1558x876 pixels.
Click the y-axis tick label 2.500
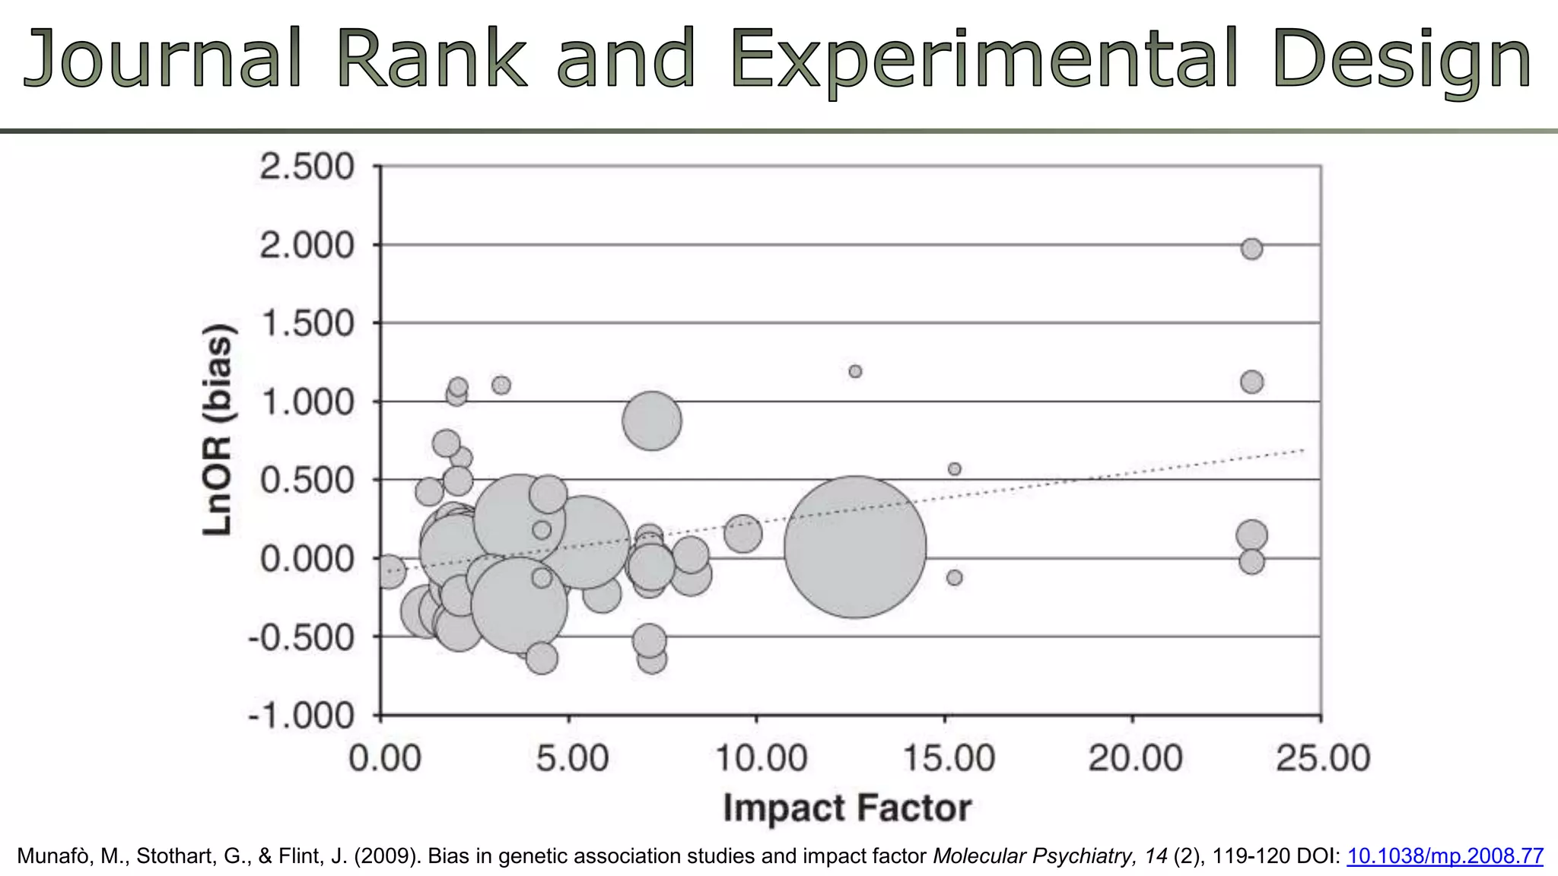coord(307,167)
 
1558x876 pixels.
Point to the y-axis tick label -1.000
coord(301,716)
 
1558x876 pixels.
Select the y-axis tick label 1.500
coord(307,323)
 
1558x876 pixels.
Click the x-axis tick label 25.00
coord(1323,758)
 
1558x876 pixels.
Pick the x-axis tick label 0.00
coord(384,758)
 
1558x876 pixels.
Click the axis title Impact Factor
coord(847,808)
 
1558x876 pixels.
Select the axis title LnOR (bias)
coord(218,430)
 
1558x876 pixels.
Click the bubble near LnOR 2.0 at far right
coord(1251,249)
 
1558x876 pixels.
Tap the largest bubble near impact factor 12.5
coord(855,547)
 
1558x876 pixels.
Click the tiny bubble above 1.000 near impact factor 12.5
coord(855,371)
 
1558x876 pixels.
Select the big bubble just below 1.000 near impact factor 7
coord(651,421)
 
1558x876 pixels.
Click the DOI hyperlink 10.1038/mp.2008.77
coord(1445,856)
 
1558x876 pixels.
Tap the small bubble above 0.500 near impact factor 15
coord(954,469)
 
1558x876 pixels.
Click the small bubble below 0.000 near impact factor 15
coord(954,578)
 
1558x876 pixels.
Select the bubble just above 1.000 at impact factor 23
coord(1251,382)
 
